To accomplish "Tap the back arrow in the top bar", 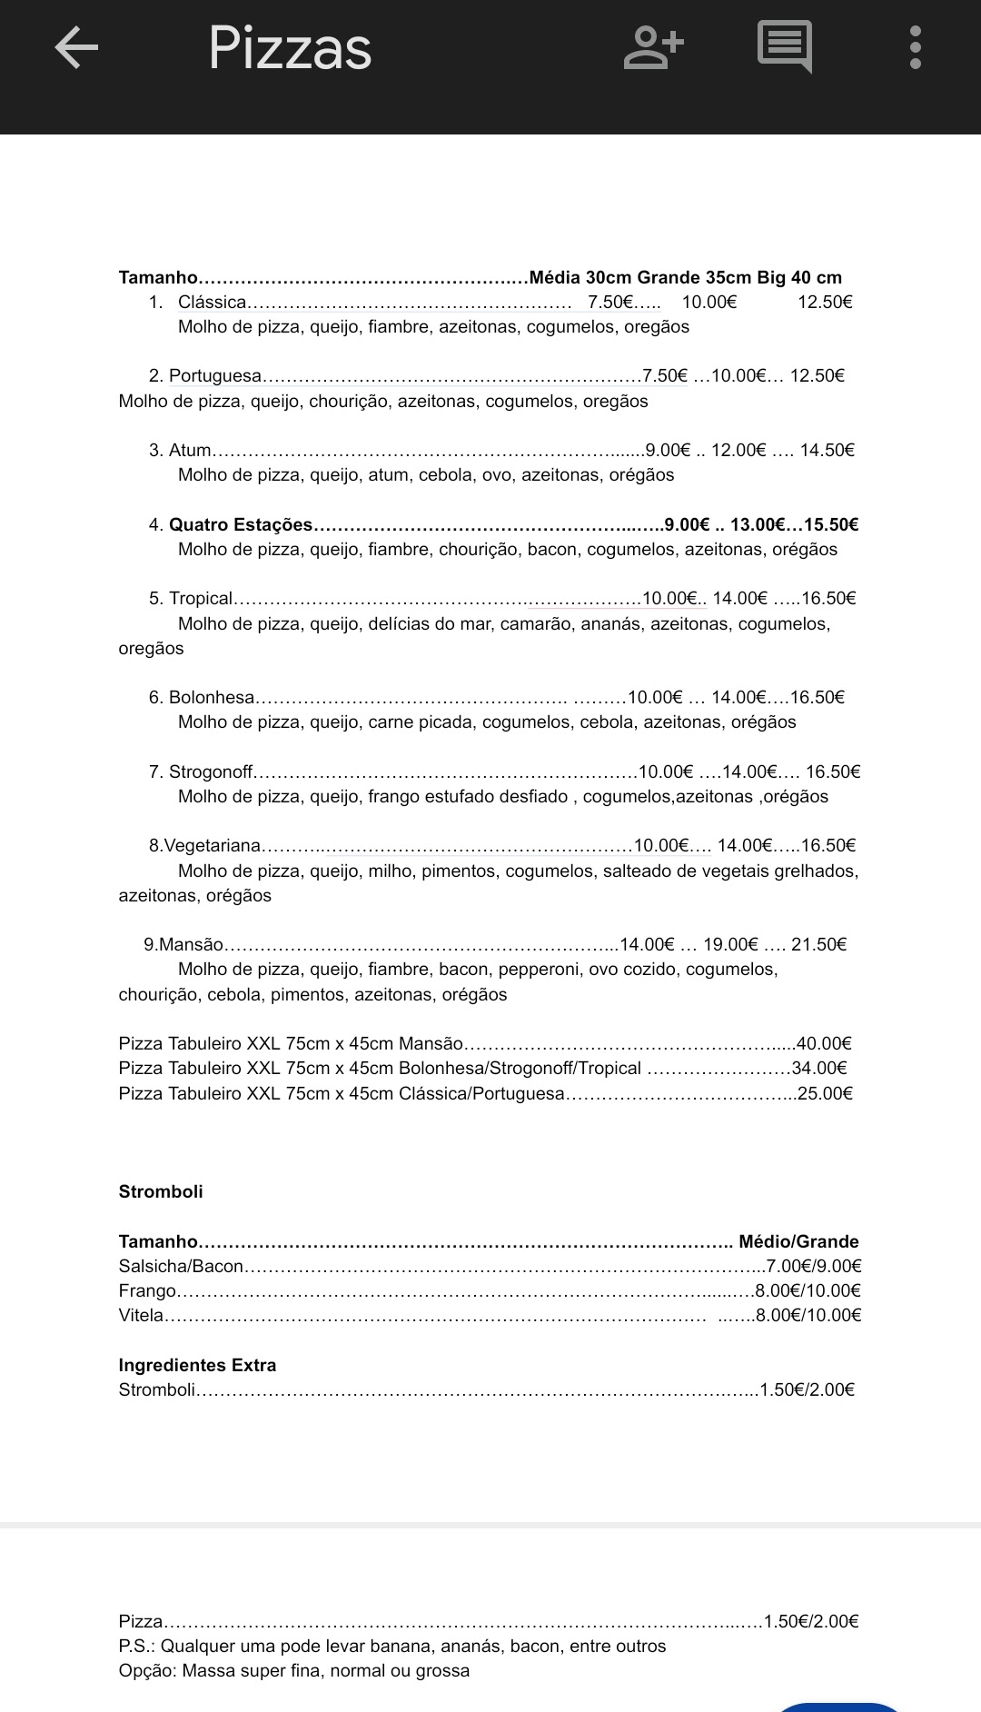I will [x=76, y=48].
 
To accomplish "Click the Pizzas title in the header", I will [x=290, y=48].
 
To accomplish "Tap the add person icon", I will [x=653, y=48].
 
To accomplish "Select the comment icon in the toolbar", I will [x=784, y=47].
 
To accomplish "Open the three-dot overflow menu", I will [x=915, y=48].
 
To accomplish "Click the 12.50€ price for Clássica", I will [x=825, y=303].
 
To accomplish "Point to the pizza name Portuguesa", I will [x=215, y=376].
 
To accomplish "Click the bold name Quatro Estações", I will [x=241, y=525].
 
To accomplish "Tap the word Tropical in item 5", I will [x=201, y=599].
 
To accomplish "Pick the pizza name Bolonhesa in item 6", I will [x=212, y=698].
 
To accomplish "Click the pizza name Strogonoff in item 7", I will [x=211, y=772].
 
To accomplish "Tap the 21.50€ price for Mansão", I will [x=818, y=945].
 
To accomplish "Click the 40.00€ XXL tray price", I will [x=824, y=1044].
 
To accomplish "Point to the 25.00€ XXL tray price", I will [x=825, y=1094].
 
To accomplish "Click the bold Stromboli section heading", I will [x=161, y=1192].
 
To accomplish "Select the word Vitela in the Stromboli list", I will [x=141, y=1316].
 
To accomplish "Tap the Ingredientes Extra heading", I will [x=197, y=1366].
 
